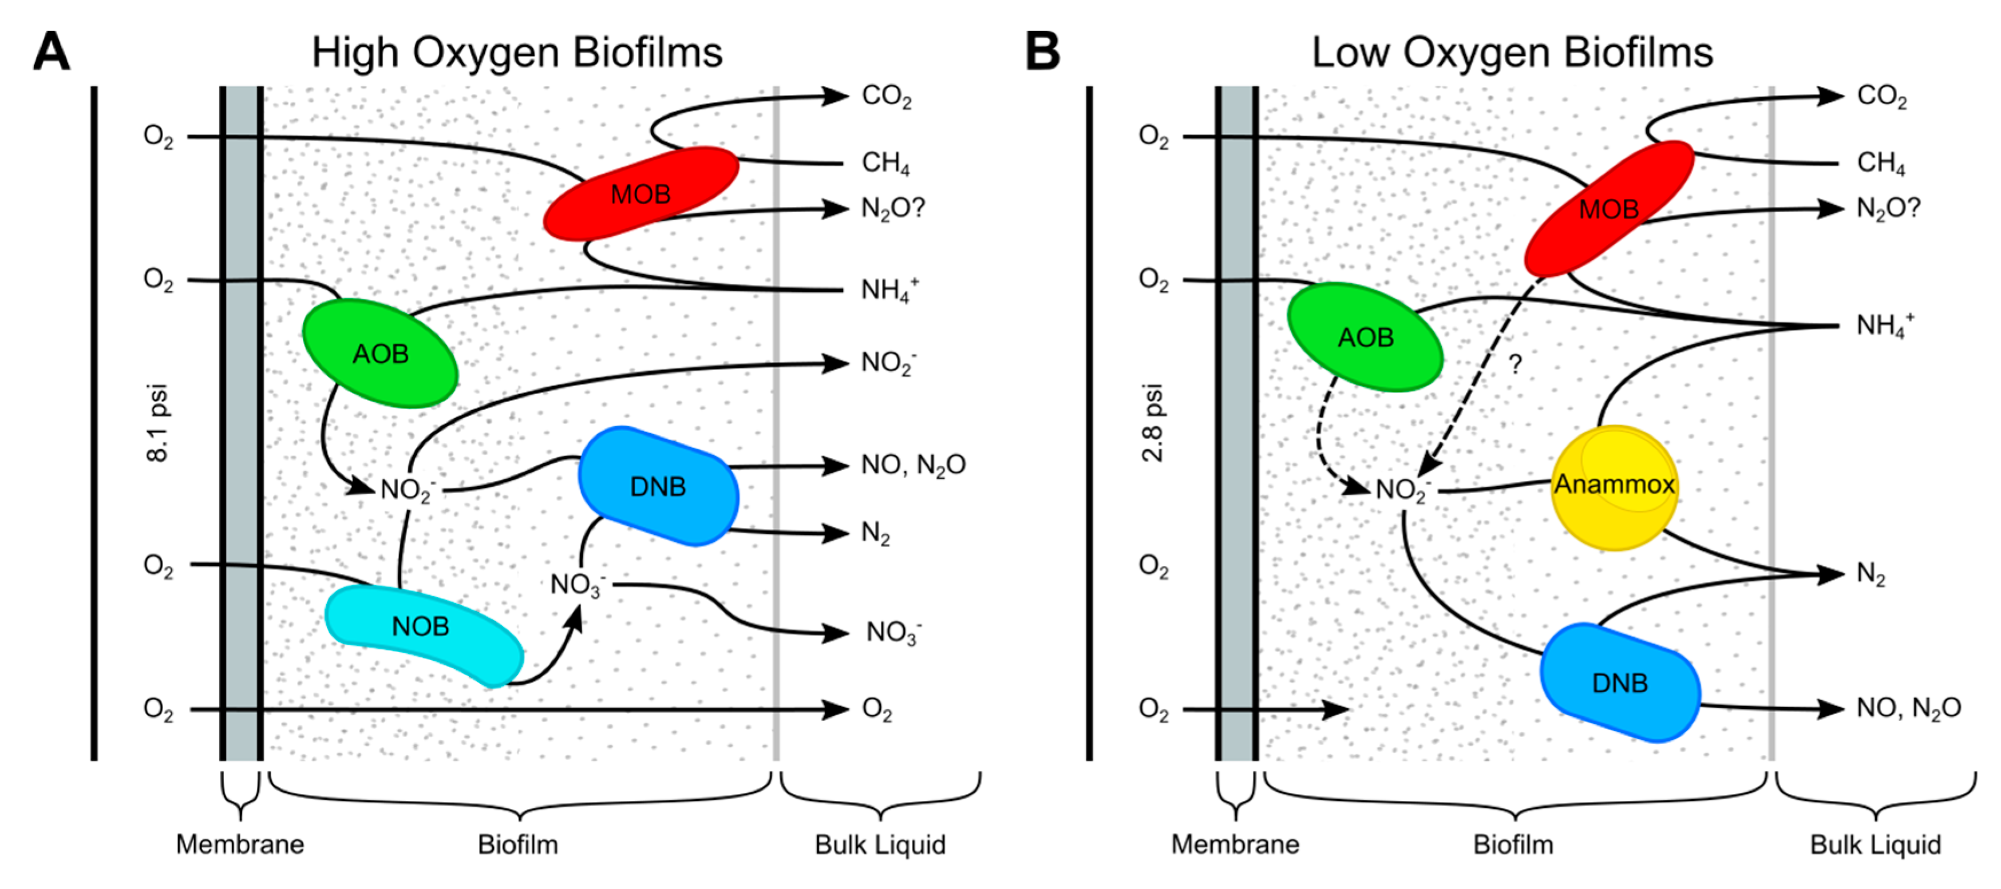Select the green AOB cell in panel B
pos(1365,337)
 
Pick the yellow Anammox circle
pos(1614,487)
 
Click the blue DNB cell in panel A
pos(658,486)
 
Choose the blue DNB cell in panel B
pos(1620,682)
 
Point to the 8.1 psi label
pos(158,423)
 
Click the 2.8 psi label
pos(1153,423)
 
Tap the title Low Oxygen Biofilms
pos(1512,53)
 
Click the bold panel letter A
pos(52,52)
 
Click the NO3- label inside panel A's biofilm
pos(577,585)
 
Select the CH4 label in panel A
pos(885,163)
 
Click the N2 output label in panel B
pos(1870,574)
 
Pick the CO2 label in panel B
pos(1881,96)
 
